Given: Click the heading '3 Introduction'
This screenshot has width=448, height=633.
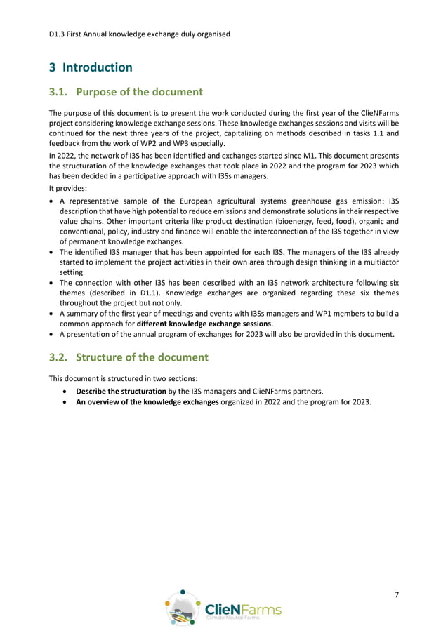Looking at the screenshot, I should [91, 67].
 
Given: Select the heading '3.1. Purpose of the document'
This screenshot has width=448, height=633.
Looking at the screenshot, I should [126, 92].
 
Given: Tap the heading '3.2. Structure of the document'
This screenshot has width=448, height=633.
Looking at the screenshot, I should [129, 357].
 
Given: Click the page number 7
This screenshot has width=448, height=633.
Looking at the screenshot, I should [397, 595].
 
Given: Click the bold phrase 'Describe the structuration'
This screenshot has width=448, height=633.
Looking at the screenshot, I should [121, 390].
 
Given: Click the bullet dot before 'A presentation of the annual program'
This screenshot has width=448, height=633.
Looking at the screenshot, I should [53, 334].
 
